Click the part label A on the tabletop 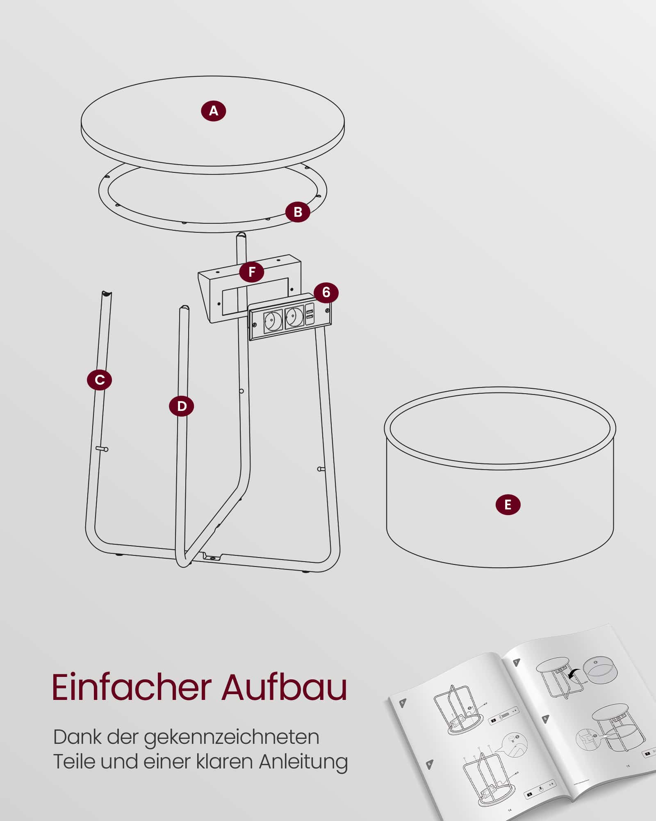(x=213, y=111)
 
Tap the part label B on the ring (x=298, y=212)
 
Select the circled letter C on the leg (x=100, y=380)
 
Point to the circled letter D (x=182, y=406)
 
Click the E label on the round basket (x=508, y=505)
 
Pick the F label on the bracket (x=252, y=271)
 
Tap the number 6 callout (x=326, y=292)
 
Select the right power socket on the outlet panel (x=294, y=316)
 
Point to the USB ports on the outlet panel (x=310, y=314)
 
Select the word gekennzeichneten (x=231, y=738)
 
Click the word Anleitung (x=303, y=762)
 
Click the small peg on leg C (x=102, y=449)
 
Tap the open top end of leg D (x=184, y=308)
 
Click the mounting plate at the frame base (x=212, y=557)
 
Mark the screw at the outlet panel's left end (x=255, y=325)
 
